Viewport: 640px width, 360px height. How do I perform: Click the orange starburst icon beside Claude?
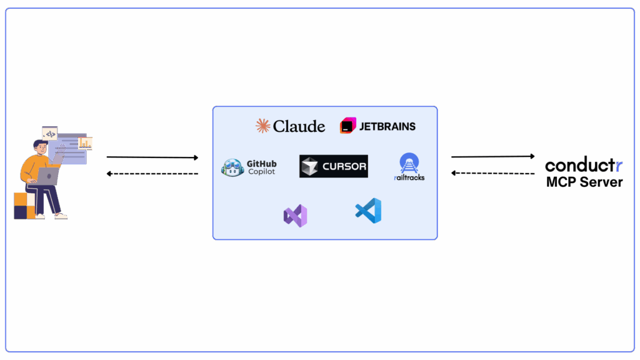(263, 126)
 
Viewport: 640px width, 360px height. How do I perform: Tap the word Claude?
(299, 126)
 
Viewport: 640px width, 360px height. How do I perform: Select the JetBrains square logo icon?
(347, 126)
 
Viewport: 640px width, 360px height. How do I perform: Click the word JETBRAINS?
(387, 126)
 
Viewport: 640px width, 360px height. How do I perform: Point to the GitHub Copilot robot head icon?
(232, 167)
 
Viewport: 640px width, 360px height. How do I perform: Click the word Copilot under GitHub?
(261, 172)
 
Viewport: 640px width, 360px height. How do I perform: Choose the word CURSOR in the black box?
(344, 167)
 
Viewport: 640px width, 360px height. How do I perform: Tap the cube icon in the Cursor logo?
(311, 167)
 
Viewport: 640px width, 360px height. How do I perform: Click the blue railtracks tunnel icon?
(409, 162)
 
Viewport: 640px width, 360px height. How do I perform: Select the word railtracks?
(409, 177)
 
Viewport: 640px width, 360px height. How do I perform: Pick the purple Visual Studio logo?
(295, 216)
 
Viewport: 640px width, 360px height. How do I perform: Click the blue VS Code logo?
(368, 211)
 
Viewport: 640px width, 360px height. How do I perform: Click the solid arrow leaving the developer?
(152, 157)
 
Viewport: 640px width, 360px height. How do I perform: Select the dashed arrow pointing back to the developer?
(152, 173)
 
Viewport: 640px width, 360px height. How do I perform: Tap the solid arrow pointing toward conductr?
(492, 156)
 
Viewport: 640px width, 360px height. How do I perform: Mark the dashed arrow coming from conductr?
(492, 173)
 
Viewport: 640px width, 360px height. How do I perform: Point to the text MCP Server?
(584, 182)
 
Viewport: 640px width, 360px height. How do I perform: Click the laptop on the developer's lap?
(48, 176)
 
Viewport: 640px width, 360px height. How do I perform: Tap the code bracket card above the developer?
(50, 133)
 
